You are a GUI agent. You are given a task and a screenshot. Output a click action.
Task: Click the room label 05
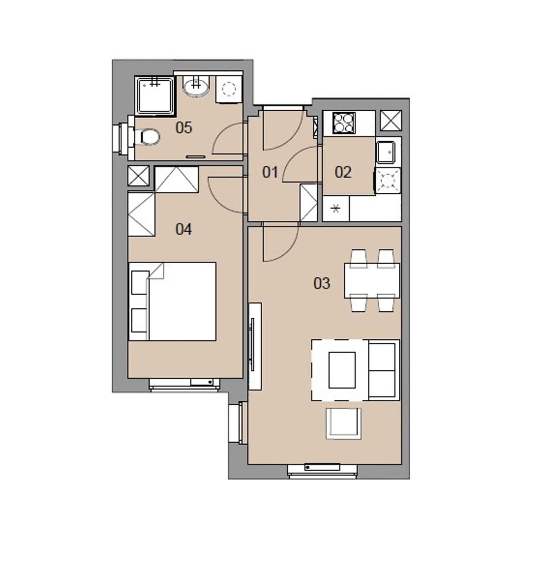point(183,127)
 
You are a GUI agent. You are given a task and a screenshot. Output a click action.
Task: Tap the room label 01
point(270,172)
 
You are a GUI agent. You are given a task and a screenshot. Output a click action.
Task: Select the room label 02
point(343,172)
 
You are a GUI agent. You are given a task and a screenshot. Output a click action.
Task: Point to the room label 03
point(322,283)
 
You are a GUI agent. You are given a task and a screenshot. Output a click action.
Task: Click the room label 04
point(183,229)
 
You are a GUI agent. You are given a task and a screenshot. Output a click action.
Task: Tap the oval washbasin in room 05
point(197,87)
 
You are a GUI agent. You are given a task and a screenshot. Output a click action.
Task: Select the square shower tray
point(154,95)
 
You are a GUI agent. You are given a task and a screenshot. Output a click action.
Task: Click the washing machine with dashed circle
point(229,89)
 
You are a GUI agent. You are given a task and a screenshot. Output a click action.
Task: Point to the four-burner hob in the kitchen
point(344,122)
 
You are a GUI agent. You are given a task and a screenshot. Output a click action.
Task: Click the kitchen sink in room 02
point(386,151)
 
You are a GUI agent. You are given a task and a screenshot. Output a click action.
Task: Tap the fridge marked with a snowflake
point(336,209)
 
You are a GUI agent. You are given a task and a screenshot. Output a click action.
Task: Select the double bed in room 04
point(173,301)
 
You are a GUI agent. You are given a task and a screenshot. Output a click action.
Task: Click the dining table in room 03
point(372,281)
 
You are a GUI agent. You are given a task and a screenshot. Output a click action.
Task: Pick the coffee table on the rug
point(342,370)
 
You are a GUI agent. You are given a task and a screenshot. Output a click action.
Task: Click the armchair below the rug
point(344,423)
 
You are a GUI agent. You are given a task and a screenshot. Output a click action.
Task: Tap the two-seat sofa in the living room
point(383,370)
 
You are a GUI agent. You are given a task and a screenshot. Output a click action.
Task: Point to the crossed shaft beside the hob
point(391,121)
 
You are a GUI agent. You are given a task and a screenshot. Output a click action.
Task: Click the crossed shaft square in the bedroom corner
point(138,175)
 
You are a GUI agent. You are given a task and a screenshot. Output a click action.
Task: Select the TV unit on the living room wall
point(255,346)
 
